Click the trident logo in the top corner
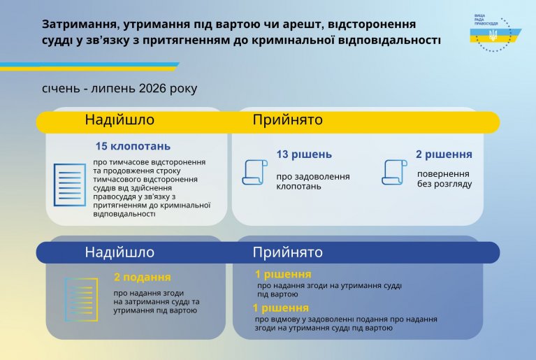coord(493,35)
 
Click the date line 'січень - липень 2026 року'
coord(119,88)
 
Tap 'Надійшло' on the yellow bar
coord(119,120)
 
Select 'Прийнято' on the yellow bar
coord(287,120)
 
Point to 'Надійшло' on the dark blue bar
coord(119,252)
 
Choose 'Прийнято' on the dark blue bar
coord(287,252)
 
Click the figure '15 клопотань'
coord(133,146)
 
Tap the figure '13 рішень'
coord(304,154)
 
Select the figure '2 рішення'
coord(444,154)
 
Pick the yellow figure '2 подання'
coord(142,277)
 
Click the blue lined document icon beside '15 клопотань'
coord(70,185)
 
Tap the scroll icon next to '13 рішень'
coord(254,172)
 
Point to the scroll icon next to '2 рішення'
coord(394,172)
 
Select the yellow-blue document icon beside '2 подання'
coord(81,299)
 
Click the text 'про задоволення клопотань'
coord(313,182)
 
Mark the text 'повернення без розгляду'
coord(444,179)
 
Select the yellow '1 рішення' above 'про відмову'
coord(281,308)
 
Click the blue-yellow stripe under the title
coord(89,66)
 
